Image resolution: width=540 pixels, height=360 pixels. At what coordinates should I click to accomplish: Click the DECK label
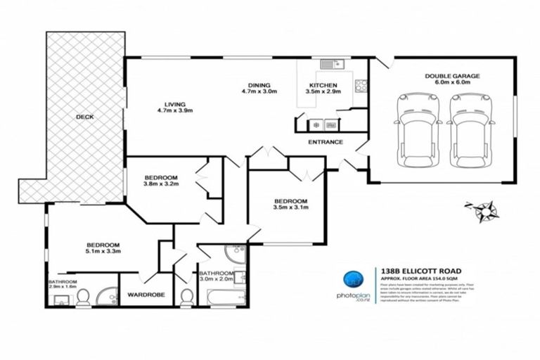coord(85,117)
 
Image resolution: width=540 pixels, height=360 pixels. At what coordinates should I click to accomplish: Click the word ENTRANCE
coord(326,142)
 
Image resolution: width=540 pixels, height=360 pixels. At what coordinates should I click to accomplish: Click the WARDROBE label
coord(146,295)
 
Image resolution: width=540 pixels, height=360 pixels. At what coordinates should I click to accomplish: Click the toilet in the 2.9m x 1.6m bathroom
coord(82,299)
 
